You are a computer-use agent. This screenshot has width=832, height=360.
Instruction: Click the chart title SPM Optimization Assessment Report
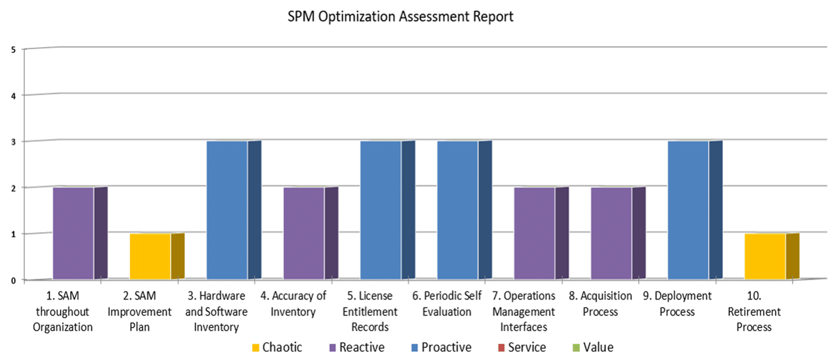coord(400,17)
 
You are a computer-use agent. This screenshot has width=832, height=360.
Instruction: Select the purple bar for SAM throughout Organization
coord(80,233)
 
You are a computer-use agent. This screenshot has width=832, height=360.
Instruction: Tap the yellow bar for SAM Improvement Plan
coord(157,256)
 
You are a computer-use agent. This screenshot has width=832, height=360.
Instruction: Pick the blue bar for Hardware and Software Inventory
coord(234,210)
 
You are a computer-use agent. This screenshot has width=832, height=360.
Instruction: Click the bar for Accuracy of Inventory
coord(311,233)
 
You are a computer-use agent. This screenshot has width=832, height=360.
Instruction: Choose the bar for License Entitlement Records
coord(388,210)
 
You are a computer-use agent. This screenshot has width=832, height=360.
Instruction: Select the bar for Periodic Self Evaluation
coord(465,210)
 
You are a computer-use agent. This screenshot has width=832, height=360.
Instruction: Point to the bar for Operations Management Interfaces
coord(542,233)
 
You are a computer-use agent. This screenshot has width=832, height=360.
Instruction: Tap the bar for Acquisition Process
coord(618,233)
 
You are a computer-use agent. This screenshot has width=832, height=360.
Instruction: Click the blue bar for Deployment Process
coord(695,210)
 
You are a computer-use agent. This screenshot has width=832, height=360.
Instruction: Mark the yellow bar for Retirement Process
coord(772,256)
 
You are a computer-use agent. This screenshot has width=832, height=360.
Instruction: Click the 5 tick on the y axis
coord(14,50)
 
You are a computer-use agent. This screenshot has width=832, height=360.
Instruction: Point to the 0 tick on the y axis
coord(14,281)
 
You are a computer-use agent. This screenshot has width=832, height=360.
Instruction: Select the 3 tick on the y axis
coord(14,142)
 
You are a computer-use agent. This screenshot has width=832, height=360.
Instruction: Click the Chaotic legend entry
coord(277,348)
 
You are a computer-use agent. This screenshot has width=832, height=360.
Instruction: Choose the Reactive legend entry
coord(357,348)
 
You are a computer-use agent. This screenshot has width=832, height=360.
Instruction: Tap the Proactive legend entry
coord(441,348)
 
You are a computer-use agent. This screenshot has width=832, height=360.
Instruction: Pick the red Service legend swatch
coord(501,348)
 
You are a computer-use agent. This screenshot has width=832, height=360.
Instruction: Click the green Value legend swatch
coord(576,348)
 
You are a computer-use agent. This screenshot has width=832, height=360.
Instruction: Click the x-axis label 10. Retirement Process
coord(754,312)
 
